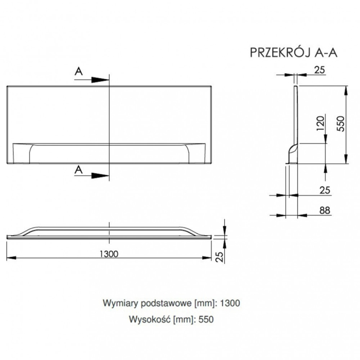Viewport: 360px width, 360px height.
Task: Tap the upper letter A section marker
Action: point(78,72)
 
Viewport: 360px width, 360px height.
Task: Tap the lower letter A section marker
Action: point(78,168)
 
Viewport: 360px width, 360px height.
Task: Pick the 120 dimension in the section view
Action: point(320,123)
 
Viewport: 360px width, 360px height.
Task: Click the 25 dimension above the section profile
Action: point(319,70)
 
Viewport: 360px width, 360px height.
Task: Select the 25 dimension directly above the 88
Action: point(324,190)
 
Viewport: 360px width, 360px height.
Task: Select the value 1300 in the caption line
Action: point(229,303)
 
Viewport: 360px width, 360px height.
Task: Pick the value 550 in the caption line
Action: point(204,319)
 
